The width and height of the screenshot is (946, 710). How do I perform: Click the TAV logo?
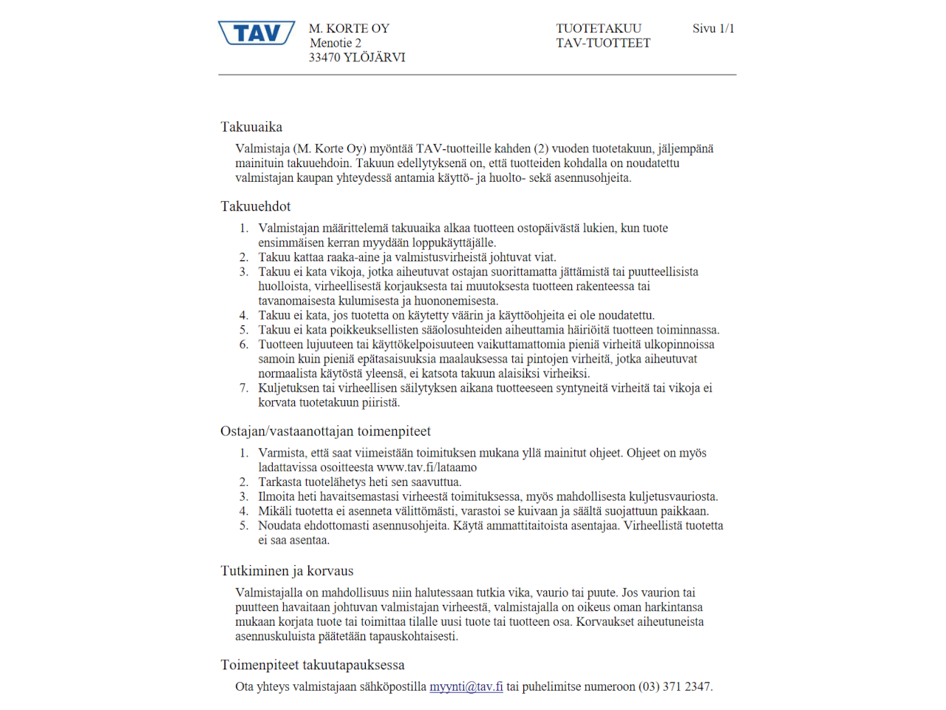[x=256, y=33]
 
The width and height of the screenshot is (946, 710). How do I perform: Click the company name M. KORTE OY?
[x=349, y=28]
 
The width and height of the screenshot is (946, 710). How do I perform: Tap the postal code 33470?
[x=324, y=57]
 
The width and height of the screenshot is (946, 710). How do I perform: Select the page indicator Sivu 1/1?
[x=713, y=28]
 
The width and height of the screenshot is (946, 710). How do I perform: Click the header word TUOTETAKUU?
[x=599, y=28]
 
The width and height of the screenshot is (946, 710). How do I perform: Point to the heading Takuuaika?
[x=251, y=126]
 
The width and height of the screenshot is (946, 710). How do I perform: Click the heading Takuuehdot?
[x=256, y=206]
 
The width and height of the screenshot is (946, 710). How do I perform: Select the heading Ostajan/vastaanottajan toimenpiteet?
[x=325, y=431]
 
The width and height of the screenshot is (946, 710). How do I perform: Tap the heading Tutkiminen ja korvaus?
[x=287, y=571]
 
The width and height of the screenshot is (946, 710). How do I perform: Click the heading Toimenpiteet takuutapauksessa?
[x=313, y=665]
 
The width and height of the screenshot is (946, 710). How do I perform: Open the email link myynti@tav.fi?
[x=466, y=686]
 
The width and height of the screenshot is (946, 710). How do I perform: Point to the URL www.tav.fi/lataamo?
[x=426, y=467]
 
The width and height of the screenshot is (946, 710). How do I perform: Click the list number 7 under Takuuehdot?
[x=243, y=388]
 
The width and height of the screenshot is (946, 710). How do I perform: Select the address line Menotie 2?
[x=336, y=43]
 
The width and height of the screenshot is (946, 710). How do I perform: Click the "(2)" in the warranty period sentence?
[x=541, y=149]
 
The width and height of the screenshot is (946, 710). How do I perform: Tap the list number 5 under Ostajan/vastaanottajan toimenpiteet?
[x=243, y=526]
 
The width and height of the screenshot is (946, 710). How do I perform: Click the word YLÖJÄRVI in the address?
[x=374, y=57]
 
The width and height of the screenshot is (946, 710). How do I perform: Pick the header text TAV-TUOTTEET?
[x=603, y=43]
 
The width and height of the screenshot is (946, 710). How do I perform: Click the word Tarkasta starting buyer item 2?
[x=280, y=482]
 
